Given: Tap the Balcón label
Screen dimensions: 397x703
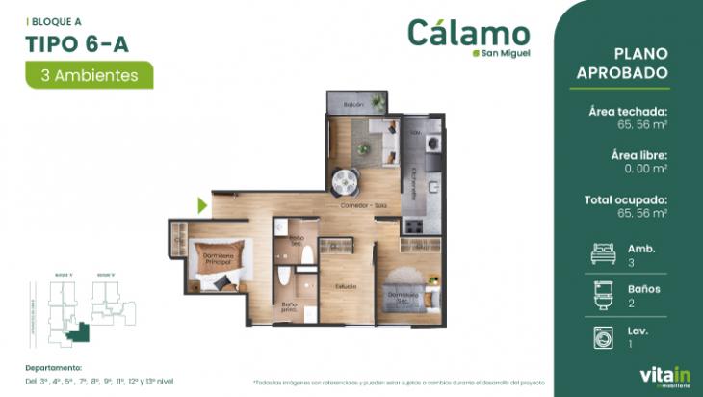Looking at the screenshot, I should tap(352, 104).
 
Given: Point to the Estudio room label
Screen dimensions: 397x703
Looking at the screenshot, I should tap(346, 286).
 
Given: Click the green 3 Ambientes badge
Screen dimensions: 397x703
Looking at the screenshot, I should tap(90, 74).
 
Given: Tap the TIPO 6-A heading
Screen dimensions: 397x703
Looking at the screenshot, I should tap(79, 41).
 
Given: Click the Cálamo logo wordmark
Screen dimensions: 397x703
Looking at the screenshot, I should tap(468, 32).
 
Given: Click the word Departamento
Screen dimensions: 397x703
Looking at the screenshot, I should tap(54, 367).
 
